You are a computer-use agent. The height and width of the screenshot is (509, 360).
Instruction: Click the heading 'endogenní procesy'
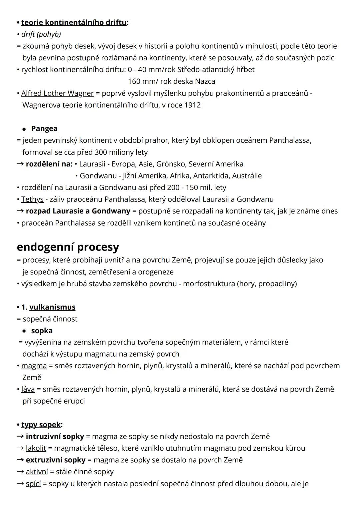coord(68,247)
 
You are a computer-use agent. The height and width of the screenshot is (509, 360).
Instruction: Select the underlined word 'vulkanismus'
coord(52,307)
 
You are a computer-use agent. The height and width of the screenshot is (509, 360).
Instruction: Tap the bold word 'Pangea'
coord(44,128)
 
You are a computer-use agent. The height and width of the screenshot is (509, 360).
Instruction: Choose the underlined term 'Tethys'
coord(32,199)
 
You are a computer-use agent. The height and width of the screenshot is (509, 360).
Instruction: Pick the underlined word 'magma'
coord(34,366)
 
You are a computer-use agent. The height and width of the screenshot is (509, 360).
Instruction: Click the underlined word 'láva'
coord(28,389)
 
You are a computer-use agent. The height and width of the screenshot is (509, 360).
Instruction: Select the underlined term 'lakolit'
coord(36,448)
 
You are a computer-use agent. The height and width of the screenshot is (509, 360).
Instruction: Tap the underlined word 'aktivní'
coord(37,472)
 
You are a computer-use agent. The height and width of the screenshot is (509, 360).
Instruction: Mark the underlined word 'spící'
coord(33,483)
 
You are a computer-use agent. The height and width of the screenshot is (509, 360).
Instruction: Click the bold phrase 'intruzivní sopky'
coord(55,436)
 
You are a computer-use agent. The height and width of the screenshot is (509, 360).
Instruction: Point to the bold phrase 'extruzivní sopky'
coord(56,460)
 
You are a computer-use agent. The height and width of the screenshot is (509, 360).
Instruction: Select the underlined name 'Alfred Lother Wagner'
coord(57,93)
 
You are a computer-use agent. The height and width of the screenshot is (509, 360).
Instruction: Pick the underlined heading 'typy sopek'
coord(41,425)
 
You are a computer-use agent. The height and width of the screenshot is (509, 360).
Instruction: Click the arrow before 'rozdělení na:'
coord(20,164)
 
